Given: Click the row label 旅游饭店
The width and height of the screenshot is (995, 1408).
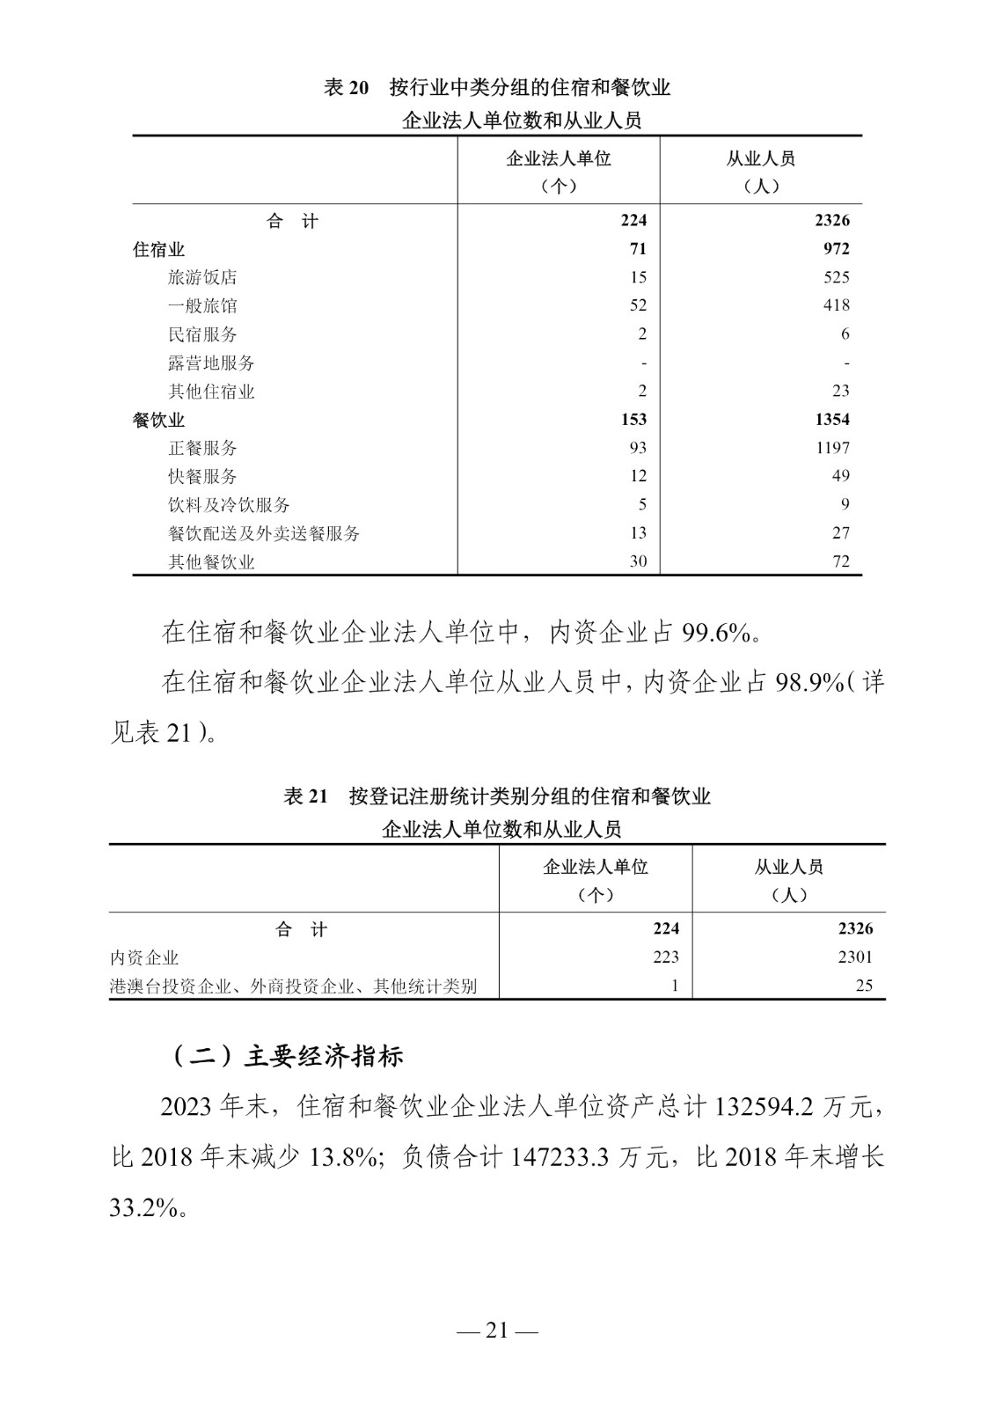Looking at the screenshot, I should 202,277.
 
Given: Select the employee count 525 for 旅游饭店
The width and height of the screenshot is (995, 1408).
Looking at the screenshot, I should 836,277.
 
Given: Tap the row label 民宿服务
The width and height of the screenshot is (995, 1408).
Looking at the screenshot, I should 202,334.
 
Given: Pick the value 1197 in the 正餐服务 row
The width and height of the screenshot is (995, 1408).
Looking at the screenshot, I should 831,448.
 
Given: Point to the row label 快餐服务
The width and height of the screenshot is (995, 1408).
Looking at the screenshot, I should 202,476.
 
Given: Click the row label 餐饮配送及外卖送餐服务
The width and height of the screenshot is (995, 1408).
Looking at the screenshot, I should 264,533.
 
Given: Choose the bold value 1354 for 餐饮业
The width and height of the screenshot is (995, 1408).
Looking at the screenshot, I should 831,420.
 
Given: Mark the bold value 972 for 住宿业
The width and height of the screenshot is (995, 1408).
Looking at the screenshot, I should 836,249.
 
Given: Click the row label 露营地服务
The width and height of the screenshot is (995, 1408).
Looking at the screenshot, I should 211,363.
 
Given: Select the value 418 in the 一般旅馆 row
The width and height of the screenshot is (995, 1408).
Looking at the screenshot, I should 836,305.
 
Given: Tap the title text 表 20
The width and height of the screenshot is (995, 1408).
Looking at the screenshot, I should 346,88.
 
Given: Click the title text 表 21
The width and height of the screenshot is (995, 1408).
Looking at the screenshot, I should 305,796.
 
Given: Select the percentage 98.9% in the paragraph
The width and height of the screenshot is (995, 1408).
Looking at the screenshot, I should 809,683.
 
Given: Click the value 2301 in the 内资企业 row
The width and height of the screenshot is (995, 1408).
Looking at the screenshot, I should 855,957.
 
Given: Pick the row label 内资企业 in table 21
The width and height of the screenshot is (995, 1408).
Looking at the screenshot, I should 144,957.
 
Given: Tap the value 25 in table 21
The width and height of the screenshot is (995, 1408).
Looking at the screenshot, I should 864,986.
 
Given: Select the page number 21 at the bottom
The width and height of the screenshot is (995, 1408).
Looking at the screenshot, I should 497,1331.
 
